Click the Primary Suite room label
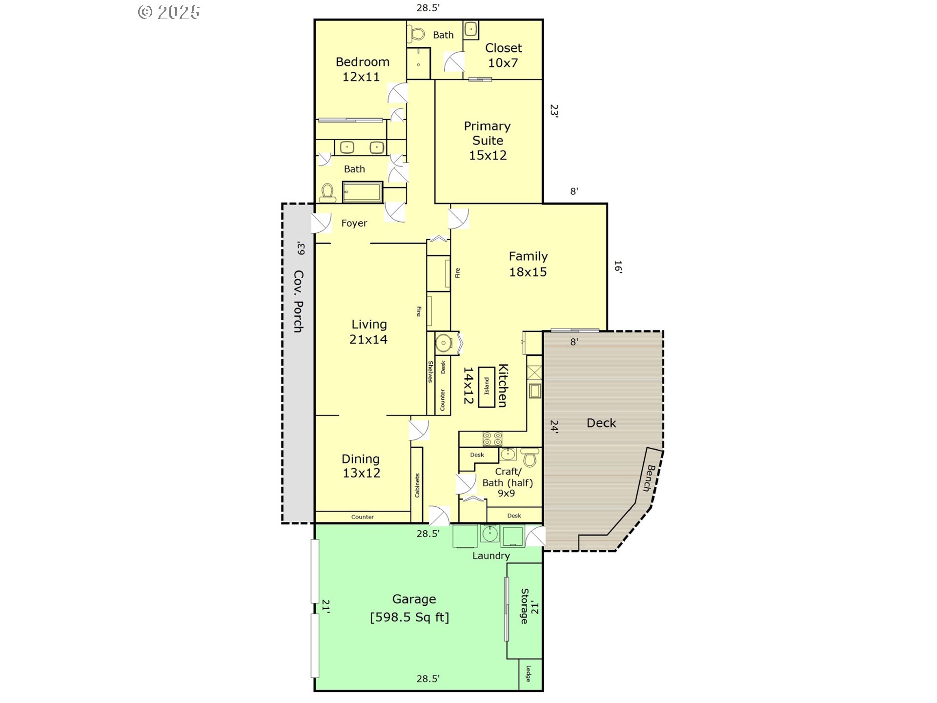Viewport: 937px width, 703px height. pos(488,141)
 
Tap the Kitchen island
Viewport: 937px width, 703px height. pos(487,387)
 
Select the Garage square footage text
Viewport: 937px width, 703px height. pos(409,618)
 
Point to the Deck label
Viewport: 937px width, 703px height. pos(601,423)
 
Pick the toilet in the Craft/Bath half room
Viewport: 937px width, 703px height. pos(530,457)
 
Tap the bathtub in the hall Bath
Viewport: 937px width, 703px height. pos(362,192)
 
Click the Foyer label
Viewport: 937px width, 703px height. pos(354,224)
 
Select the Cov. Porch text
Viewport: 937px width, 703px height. pos(299,301)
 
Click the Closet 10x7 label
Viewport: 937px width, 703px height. pos(503,55)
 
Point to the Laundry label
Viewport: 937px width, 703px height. pos(491,556)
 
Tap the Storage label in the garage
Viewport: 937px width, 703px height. pos(525,606)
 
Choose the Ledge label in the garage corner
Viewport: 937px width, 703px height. pos(528,674)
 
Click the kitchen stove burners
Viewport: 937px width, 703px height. pos(492,439)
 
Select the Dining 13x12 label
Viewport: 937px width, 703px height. pos(361,466)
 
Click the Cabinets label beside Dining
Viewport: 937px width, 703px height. pos(417,485)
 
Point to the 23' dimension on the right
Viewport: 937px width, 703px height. pos(554,110)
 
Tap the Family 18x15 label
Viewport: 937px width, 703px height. pos(528,264)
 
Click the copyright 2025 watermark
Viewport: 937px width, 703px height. pos(169,12)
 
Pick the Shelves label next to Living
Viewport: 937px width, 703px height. pos(430,372)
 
